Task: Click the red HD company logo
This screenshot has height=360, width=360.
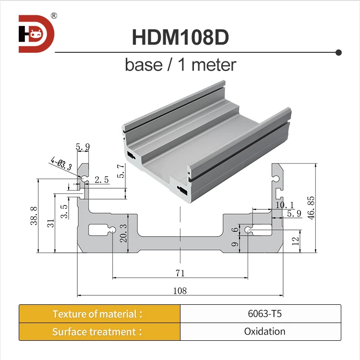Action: click(x=36, y=34)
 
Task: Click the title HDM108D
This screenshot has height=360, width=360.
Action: click(x=180, y=37)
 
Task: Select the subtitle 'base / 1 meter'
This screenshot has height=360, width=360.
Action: click(x=180, y=64)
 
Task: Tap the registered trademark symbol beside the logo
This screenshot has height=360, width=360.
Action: click(x=54, y=15)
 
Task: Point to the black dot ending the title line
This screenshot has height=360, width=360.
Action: click(x=338, y=52)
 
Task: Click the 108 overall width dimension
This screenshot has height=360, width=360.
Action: click(x=180, y=290)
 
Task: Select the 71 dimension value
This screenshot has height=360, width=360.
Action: click(x=180, y=273)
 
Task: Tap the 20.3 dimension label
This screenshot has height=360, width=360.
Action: click(x=124, y=233)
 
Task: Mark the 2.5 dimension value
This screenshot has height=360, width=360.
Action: click(x=102, y=180)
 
